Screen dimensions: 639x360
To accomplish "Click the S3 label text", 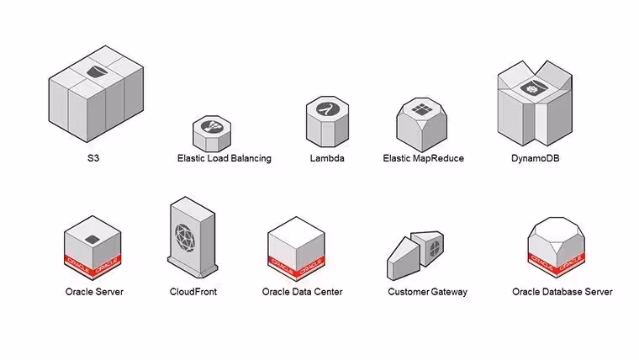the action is pyautogui.click(x=93, y=158).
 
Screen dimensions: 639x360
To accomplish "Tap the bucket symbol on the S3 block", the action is pyautogui.click(x=97, y=71).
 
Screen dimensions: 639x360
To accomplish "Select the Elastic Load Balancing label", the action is pyautogui.click(x=224, y=158).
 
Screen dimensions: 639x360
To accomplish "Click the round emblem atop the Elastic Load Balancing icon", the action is pyautogui.click(x=212, y=126).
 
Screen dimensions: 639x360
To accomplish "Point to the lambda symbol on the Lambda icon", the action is pyautogui.click(x=327, y=109).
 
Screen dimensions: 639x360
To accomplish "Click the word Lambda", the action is pyautogui.click(x=327, y=158).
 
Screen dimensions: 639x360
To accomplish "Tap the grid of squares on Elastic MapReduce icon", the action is pyautogui.click(x=421, y=109).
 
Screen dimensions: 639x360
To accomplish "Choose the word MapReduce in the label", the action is pyautogui.click(x=438, y=158).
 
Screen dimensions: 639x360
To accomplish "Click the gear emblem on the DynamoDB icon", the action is pyautogui.click(x=531, y=88).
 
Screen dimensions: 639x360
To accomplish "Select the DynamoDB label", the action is pyautogui.click(x=535, y=158).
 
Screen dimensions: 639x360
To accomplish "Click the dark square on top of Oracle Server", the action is pyautogui.click(x=92, y=240).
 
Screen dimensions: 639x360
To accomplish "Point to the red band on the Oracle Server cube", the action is pyautogui.click(x=92, y=266).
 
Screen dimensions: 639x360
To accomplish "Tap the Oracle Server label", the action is pyautogui.click(x=94, y=292).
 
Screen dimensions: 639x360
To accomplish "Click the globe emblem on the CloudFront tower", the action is pyautogui.click(x=185, y=238).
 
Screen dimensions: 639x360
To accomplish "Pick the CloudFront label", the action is pyautogui.click(x=193, y=292).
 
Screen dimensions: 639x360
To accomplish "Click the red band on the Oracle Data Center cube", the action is pyautogui.click(x=296, y=267).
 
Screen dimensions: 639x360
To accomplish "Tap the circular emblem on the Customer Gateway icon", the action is pyautogui.click(x=435, y=247).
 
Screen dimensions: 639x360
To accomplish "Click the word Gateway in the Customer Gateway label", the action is pyautogui.click(x=449, y=292).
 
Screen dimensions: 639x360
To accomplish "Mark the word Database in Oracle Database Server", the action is pyautogui.click(x=562, y=292).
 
